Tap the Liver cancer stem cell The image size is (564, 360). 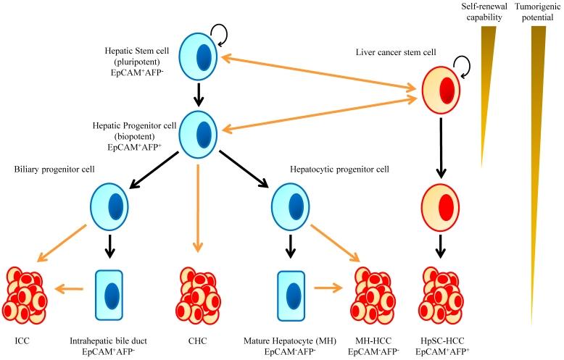[441, 94]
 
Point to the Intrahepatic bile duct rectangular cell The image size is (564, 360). [110, 294]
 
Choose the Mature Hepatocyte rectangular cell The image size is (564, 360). [291, 294]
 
